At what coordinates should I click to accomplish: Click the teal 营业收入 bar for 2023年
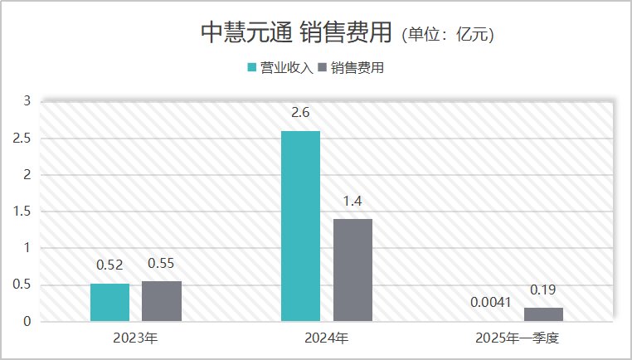pyautogui.click(x=109, y=302)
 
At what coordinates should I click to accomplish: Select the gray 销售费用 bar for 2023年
pyautogui.click(x=161, y=300)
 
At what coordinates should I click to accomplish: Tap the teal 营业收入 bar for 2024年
pyautogui.click(x=300, y=226)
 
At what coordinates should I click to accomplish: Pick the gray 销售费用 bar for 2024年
pyautogui.click(x=352, y=270)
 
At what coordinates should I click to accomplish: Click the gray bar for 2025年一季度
pyautogui.click(x=543, y=314)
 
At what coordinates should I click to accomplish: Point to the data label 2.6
pyautogui.click(x=300, y=112)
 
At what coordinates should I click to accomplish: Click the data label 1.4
pyautogui.click(x=352, y=201)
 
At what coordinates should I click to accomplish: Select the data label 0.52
pyautogui.click(x=109, y=265)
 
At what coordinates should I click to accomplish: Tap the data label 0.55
pyautogui.click(x=161, y=263)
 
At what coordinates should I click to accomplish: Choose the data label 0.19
pyautogui.click(x=543, y=289)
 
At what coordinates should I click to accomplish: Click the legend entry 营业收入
pyautogui.click(x=280, y=68)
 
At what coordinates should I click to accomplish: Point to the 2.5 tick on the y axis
pyautogui.click(x=22, y=139)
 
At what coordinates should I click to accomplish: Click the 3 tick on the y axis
pyautogui.click(x=27, y=101)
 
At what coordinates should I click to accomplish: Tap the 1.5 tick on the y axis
pyautogui.click(x=22, y=212)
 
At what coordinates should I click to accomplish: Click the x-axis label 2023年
pyautogui.click(x=135, y=338)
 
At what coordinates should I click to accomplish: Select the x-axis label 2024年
pyautogui.click(x=327, y=338)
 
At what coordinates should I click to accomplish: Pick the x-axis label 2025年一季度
pyautogui.click(x=518, y=338)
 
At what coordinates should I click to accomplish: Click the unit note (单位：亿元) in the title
pyautogui.click(x=448, y=35)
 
